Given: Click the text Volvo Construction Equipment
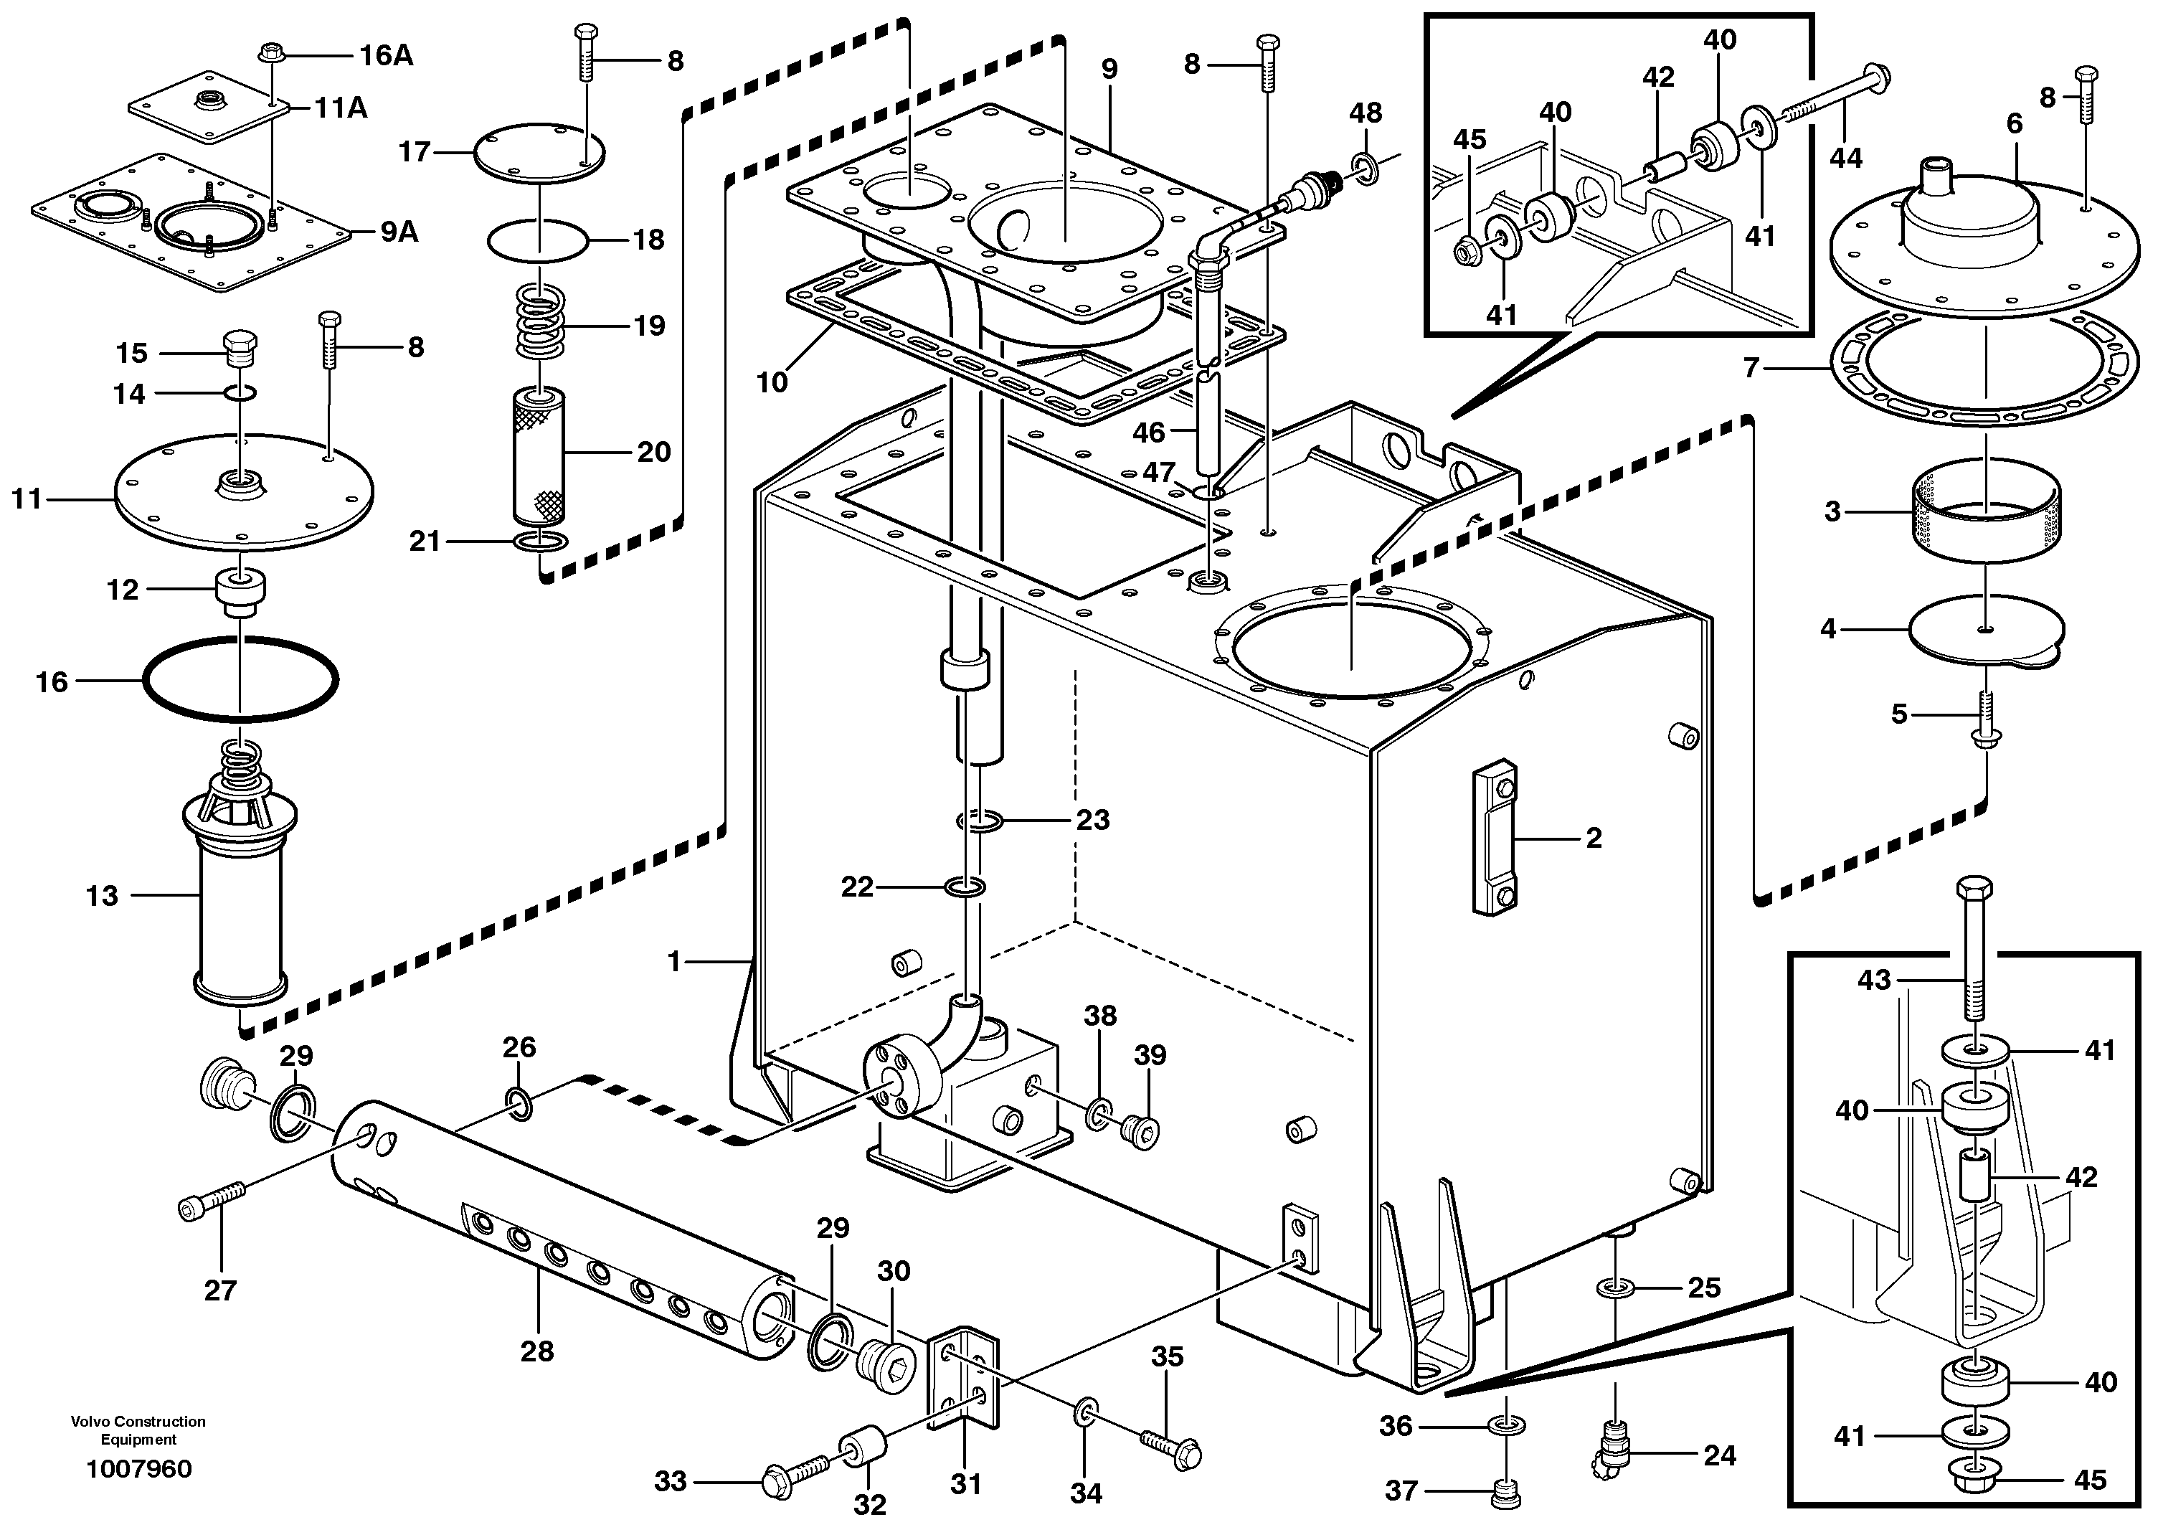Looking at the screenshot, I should click(138, 1430).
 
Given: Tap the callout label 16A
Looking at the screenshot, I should click(386, 56).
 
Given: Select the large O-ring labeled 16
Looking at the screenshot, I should click(241, 679).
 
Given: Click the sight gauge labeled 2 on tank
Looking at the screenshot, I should click(1494, 838).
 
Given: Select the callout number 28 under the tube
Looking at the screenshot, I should click(536, 1351).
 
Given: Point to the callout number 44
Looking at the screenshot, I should click(1845, 157).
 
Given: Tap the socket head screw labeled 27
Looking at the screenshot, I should click(212, 1202).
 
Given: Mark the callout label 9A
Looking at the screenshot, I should click(399, 232).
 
